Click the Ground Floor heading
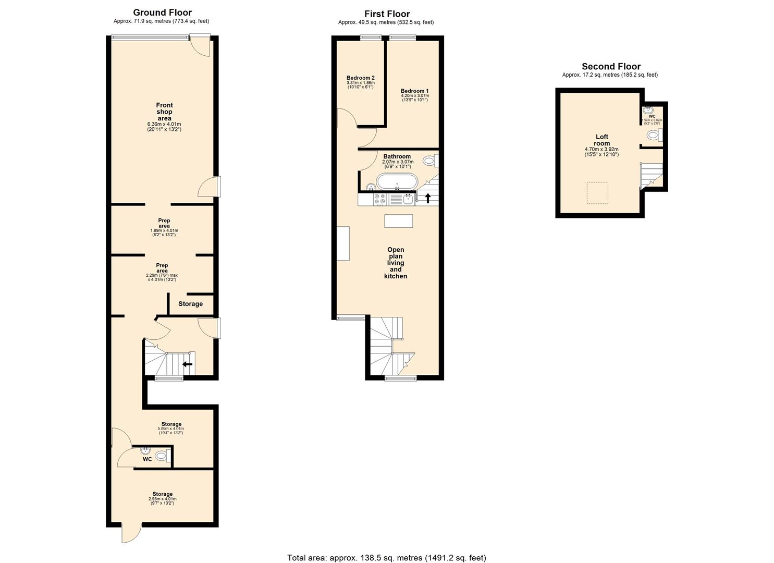point(162,13)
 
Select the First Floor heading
point(387,14)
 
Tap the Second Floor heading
point(611,66)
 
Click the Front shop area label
point(164,112)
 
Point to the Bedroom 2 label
point(361,78)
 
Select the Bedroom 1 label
point(414,91)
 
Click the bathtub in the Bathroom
point(397,182)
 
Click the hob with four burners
point(379,199)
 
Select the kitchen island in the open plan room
point(399,221)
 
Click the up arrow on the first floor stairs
point(428,198)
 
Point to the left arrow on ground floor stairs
point(187,364)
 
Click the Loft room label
point(601,140)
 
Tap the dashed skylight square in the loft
point(597,193)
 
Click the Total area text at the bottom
point(386,558)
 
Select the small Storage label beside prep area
point(190,304)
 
